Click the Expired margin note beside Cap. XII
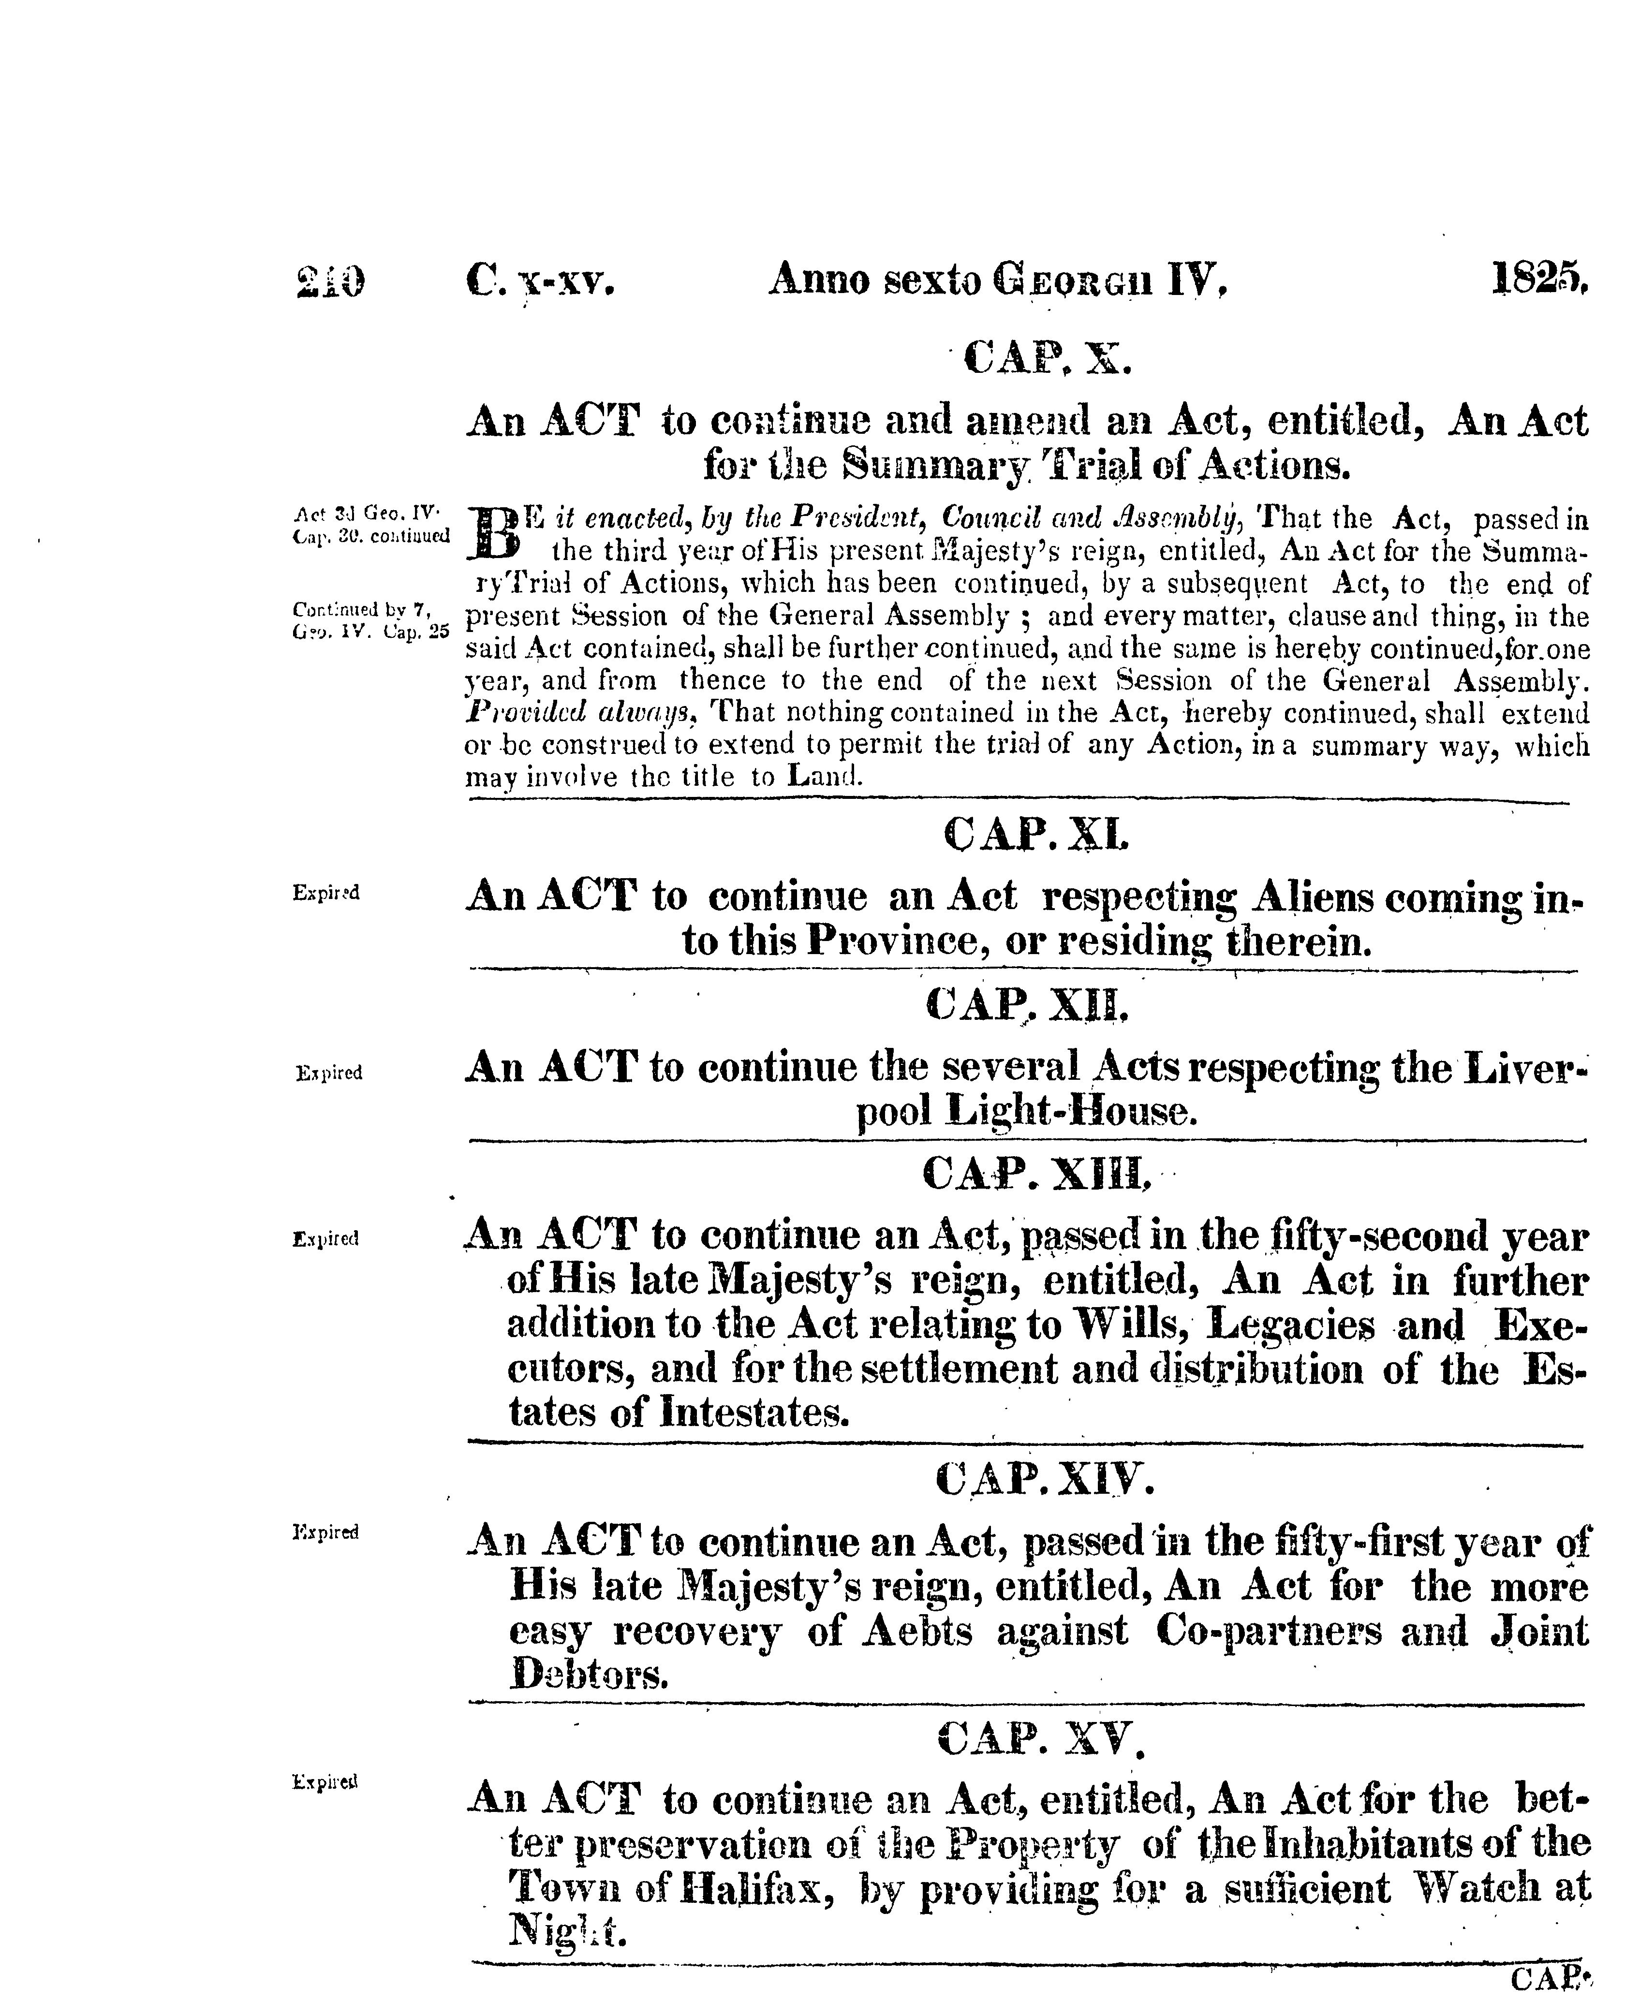(328, 1074)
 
